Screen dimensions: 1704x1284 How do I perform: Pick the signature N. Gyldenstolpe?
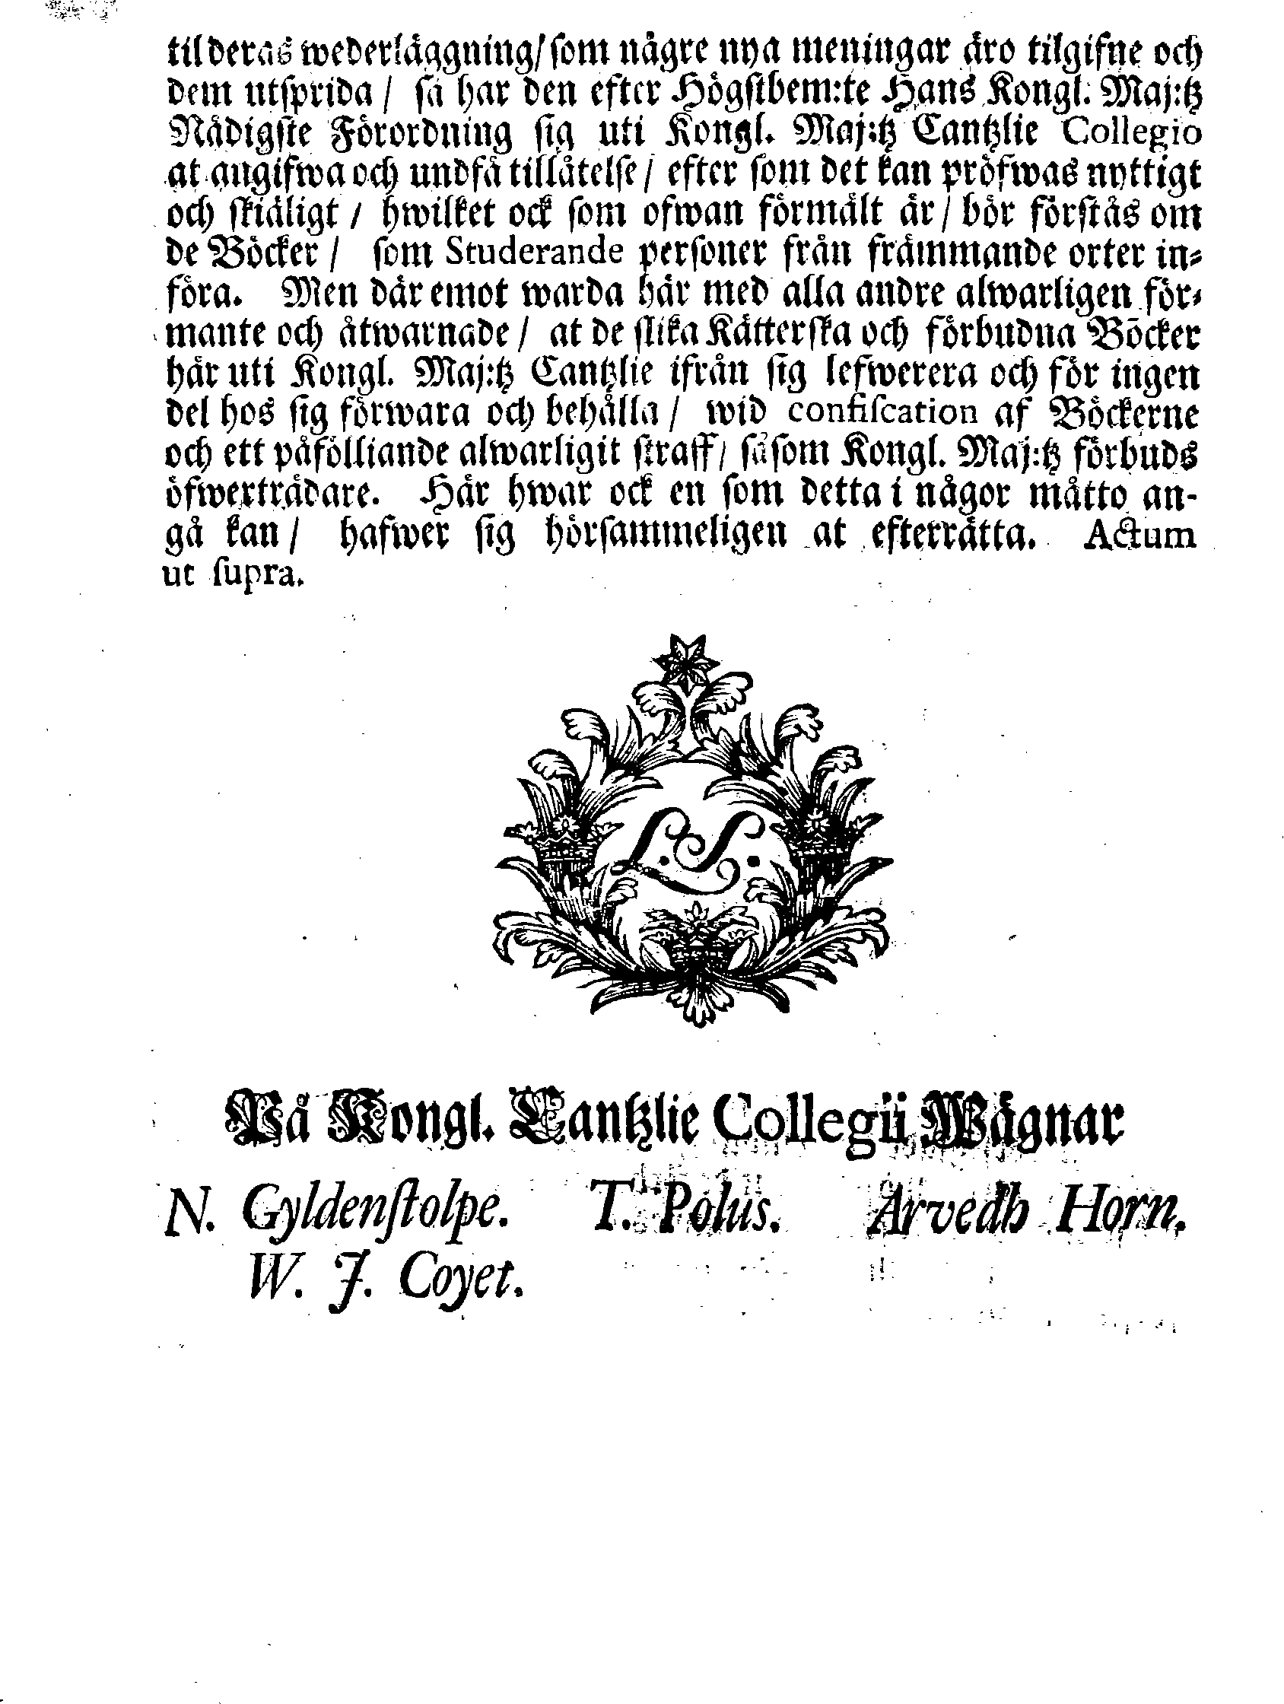click(337, 1215)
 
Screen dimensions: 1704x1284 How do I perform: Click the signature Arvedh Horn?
click(1025, 1215)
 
